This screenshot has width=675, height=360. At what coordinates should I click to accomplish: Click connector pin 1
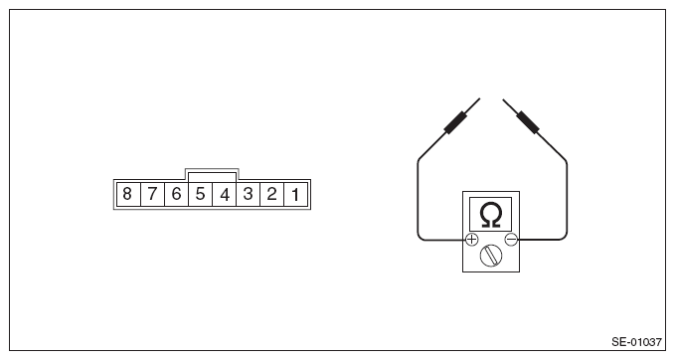pyautogui.click(x=296, y=193)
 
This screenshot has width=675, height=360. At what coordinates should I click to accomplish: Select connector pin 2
pyautogui.click(x=272, y=193)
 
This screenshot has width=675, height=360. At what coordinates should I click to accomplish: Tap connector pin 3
pyautogui.click(x=249, y=193)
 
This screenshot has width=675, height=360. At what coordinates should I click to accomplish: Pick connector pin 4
pyautogui.click(x=225, y=193)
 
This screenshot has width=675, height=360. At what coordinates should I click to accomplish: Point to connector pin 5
pyautogui.click(x=200, y=193)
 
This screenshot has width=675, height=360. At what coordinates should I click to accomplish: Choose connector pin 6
pyautogui.click(x=176, y=193)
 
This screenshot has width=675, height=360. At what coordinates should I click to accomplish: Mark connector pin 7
pyautogui.click(x=152, y=193)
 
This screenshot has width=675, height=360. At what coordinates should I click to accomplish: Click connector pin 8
pyautogui.click(x=127, y=193)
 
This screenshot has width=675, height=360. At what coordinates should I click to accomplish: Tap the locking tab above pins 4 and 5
pyautogui.click(x=212, y=173)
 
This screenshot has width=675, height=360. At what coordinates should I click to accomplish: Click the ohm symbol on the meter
pyautogui.click(x=490, y=214)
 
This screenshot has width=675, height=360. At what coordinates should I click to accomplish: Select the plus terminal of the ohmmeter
pyautogui.click(x=471, y=240)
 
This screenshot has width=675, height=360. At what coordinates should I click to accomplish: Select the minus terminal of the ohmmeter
pyautogui.click(x=511, y=240)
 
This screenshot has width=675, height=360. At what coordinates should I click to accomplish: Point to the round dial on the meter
pyautogui.click(x=491, y=256)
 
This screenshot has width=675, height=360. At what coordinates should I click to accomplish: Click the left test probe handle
pyautogui.click(x=455, y=122)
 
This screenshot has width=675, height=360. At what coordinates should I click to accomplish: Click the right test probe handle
pyautogui.click(x=527, y=122)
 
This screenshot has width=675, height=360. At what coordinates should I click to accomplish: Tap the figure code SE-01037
pyautogui.click(x=636, y=341)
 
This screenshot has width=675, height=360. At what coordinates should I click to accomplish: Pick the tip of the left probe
pyautogui.click(x=479, y=98)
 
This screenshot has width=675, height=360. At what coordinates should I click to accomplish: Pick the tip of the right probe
pyautogui.click(x=503, y=98)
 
